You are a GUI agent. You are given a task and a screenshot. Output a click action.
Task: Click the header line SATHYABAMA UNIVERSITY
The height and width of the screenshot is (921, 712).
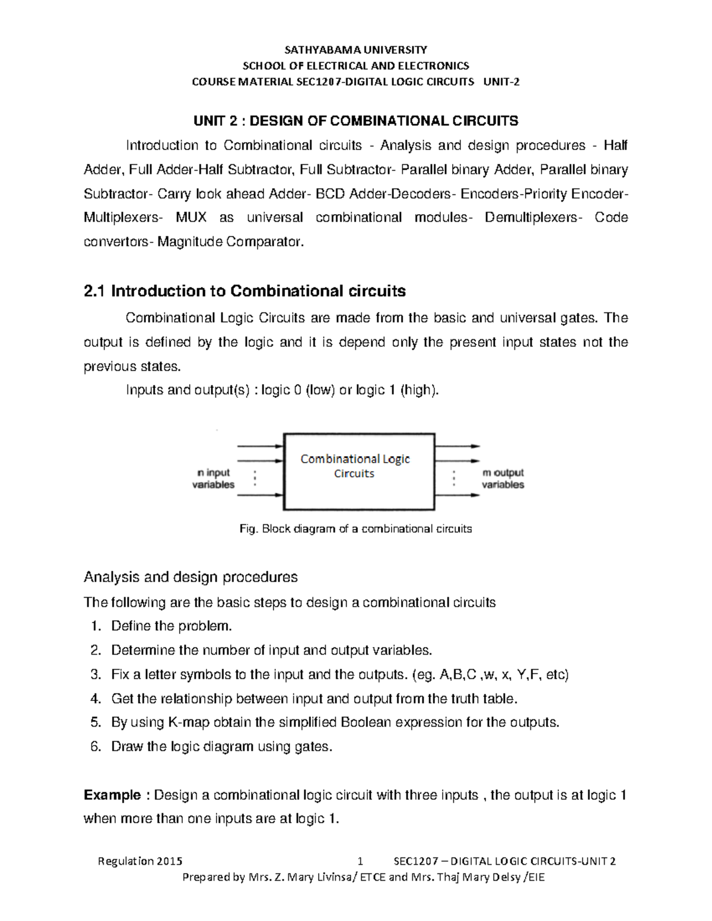(355, 49)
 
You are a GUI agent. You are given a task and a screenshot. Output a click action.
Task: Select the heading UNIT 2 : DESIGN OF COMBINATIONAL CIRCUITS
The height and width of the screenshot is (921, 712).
(355, 121)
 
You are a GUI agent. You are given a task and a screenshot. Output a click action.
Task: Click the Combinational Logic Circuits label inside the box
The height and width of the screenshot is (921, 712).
(355, 466)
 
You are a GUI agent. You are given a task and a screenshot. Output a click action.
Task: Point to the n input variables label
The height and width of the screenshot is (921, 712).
(213, 479)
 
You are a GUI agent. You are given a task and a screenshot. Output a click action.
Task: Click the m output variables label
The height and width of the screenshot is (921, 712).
(503, 479)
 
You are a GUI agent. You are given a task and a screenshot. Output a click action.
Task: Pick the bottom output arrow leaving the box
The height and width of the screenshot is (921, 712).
(457, 495)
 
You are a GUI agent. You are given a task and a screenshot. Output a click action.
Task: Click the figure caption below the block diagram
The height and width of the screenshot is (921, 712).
(355, 528)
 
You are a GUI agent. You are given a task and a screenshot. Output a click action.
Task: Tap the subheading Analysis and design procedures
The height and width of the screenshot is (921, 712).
(190, 577)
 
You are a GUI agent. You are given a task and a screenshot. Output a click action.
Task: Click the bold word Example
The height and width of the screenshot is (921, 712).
(112, 795)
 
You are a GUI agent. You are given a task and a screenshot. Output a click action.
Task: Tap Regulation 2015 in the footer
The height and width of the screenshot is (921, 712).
(140, 861)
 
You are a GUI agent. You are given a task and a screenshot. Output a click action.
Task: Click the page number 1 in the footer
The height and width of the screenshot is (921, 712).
(360, 861)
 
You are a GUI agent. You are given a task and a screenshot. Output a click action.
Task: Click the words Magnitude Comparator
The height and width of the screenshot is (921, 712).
(230, 242)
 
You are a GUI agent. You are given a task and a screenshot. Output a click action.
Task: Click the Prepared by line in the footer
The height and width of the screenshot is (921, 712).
(363, 877)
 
